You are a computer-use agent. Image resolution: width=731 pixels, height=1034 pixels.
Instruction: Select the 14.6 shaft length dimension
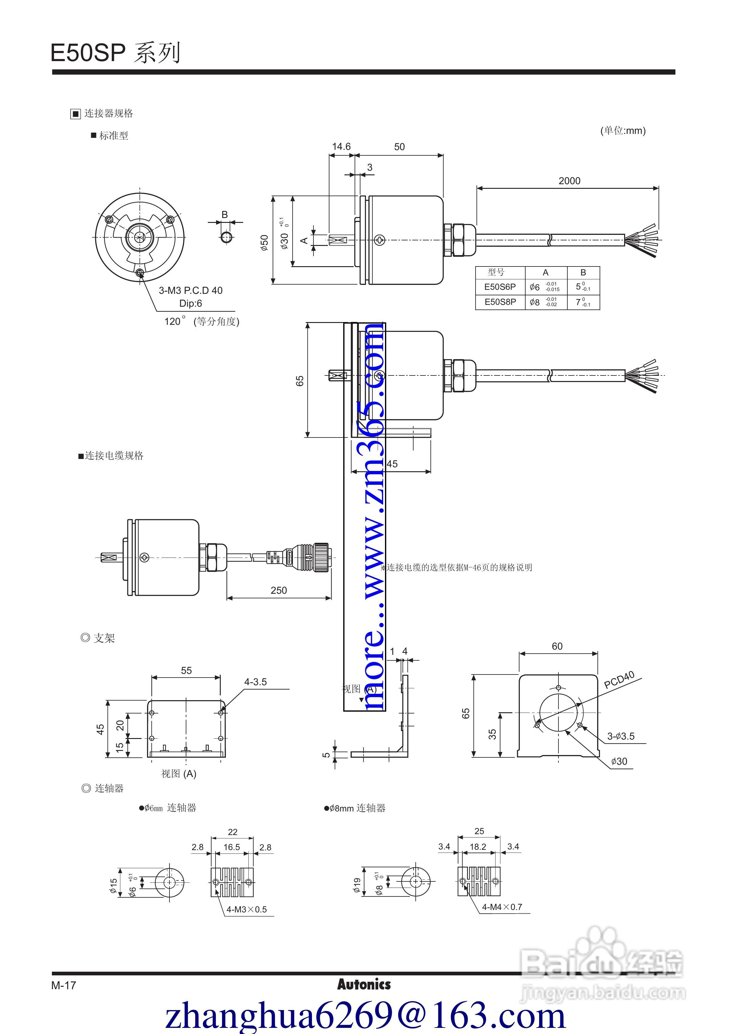(341, 146)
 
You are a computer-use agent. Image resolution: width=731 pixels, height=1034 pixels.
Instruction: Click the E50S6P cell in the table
(500, 287)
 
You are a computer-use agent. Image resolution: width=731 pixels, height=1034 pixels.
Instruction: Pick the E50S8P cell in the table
(500, 302)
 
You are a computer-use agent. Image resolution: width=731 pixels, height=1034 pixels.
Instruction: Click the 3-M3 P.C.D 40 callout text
(191, 290)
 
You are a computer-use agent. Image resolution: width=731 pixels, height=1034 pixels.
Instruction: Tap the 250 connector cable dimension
(278, 590)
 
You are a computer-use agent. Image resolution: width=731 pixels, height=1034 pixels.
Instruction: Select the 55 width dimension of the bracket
(186, 671)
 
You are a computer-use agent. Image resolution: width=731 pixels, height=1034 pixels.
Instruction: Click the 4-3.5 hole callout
(255, 682)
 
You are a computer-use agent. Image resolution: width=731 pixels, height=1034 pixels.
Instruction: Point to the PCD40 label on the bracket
(619, 680)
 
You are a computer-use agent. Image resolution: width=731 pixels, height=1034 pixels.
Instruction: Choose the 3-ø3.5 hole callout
(621, 736)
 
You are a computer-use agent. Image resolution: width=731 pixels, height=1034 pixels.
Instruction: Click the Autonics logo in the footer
(364, 985)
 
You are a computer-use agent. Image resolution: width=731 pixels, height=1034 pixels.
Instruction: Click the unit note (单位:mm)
(623, 130)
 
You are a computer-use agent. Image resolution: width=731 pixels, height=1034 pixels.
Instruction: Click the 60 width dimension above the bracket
(557, 646)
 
